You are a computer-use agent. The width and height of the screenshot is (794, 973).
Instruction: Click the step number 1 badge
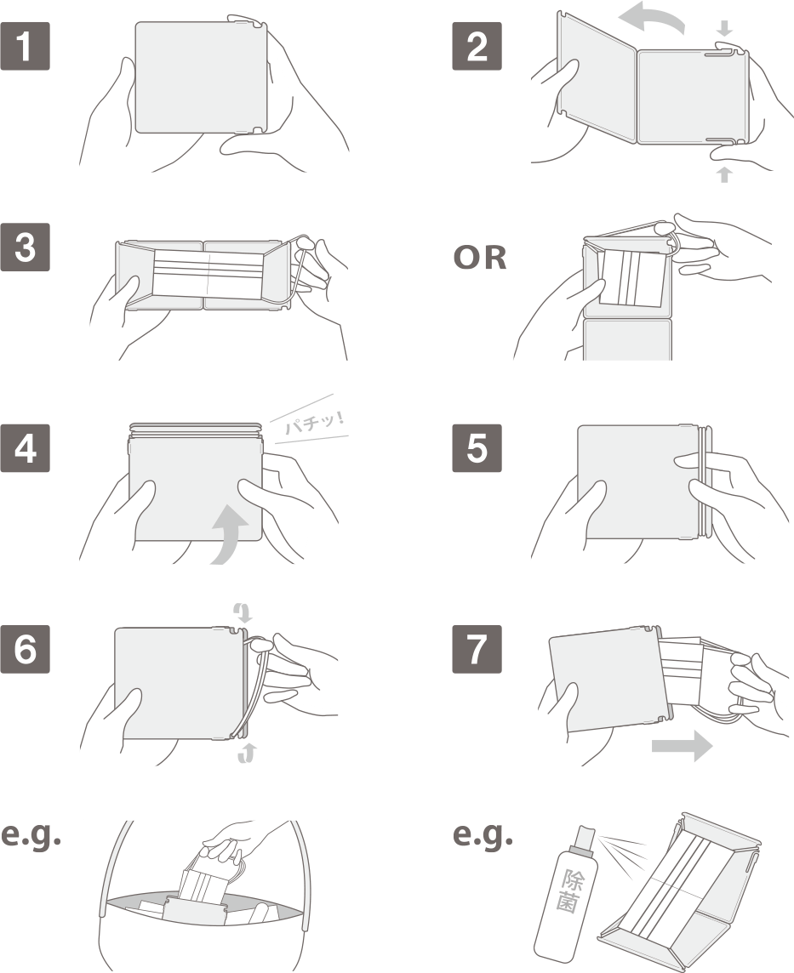[x=25, y=46]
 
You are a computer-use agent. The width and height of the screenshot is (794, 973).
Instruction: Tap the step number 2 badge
[x=477, y=46]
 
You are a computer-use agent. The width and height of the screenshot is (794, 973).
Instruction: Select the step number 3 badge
[x=25, y=247]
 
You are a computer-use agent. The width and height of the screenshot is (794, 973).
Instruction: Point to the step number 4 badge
[x=25, y=448]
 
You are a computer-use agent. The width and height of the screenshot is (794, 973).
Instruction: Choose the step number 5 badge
[x=477, y=448]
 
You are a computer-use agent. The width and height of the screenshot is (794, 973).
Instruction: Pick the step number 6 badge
[x=25, y=649]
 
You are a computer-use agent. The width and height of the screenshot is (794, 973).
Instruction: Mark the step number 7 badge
[x=477, y=649]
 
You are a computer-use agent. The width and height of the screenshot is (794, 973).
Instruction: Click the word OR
[x=480, y=258]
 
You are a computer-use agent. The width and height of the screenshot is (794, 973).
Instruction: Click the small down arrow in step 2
[x=724, y=28]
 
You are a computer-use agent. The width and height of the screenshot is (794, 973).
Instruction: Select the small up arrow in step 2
[x=724, y=174]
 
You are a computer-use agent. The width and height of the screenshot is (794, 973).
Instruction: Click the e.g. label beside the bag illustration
[x=31, y=836]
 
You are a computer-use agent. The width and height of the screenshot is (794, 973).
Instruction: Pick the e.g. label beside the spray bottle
[x=483, y=836]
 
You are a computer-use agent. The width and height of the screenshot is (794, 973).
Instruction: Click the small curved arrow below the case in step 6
[x=247, y=753]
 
